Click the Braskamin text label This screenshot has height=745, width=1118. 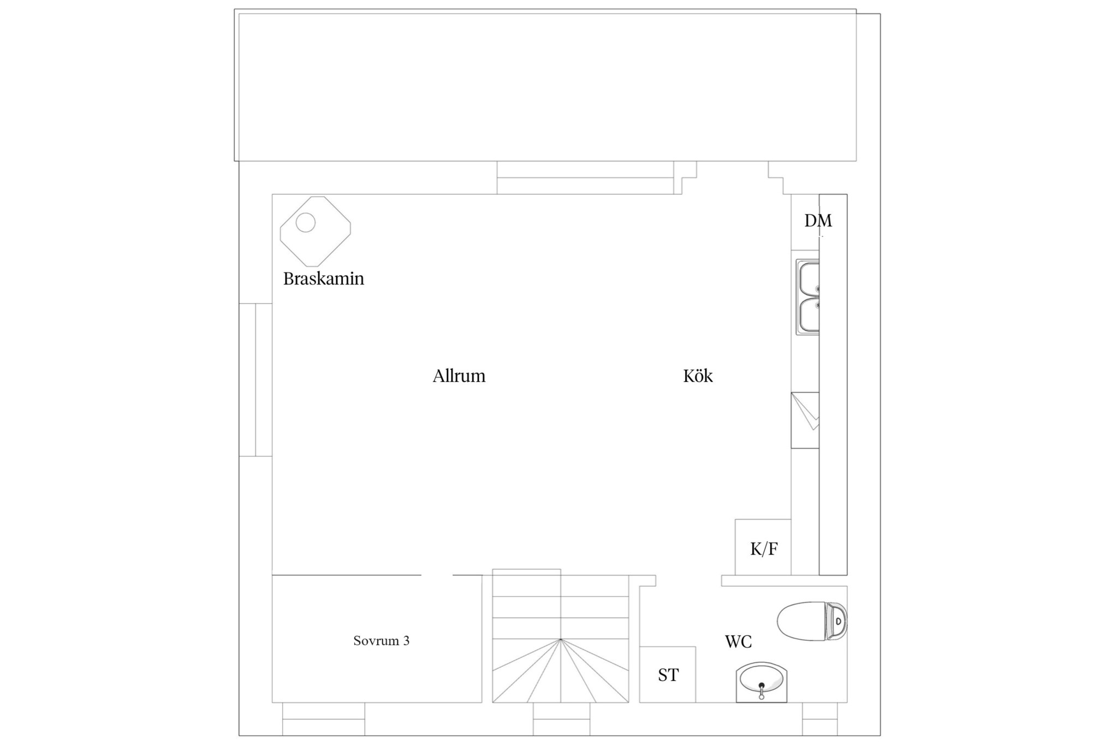pyautogui.click(x=323, y=279)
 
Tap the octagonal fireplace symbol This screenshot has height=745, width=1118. pyautogui.click(x=316, y=231)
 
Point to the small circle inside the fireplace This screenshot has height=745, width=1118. pyautogui.click(x=306, y=223)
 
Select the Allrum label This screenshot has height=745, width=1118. pyautogui.click(x=459, y=376)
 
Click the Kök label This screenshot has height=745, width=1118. pyautogui.click(x=698, y=376)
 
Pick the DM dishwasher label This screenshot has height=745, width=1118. pyautogui.click(x=818, y=220)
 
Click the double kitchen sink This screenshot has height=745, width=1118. pyautogui.click(x=807, y=297)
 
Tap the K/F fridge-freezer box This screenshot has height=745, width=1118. pyautogui.click(x=763, y=547)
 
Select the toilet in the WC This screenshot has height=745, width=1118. pyautogui.click(x=812, y=621)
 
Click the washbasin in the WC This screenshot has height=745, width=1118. pyautogui.click(x=762, y=682)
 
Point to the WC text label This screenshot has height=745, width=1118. pyautogui.click(x=738, y=642)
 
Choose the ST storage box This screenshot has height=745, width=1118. pyautogui.click(x=668, y=675)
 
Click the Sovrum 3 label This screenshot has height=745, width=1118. pyautogui.click(x=381, y=641)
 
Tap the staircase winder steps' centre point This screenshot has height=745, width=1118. pyautogui.click(x=561, y=640)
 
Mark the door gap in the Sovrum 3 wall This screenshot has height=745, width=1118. pyautogui.click(x=437, y=575)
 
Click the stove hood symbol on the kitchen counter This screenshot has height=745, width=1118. pyautogui.click(x=805, y=420)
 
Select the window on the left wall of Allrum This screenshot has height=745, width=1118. pyautogui.click(x=255, y=380)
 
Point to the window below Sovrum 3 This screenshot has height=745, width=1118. pyautogui.click(x=324, y=719)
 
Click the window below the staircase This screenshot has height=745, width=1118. pyautogui.click(x=562, y=719)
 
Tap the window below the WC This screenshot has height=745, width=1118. pyautogui.click(x=820, y=719)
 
